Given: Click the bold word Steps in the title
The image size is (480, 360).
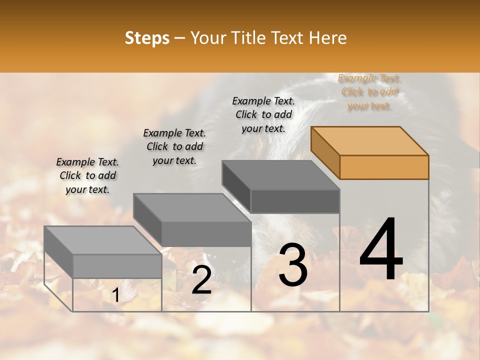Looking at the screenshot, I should pos(147,38).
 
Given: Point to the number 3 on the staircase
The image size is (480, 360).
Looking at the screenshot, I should pos(293,265).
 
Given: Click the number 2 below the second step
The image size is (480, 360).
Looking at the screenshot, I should pos(201,280).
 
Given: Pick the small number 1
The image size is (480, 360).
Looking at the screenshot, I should pos(115,295).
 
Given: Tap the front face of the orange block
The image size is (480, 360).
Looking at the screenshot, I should pos(384,167).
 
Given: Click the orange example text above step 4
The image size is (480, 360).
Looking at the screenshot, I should pos(369,92).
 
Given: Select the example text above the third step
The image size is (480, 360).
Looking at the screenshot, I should pos(263,114).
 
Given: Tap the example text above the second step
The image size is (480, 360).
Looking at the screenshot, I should pos(174,146).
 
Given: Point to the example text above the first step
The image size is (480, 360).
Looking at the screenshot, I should pos(87,175).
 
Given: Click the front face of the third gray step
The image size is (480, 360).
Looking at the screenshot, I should pos(295,201).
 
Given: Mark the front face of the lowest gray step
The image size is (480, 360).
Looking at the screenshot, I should pos(117,266).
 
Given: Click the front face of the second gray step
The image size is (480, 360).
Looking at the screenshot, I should pos(206,233).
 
